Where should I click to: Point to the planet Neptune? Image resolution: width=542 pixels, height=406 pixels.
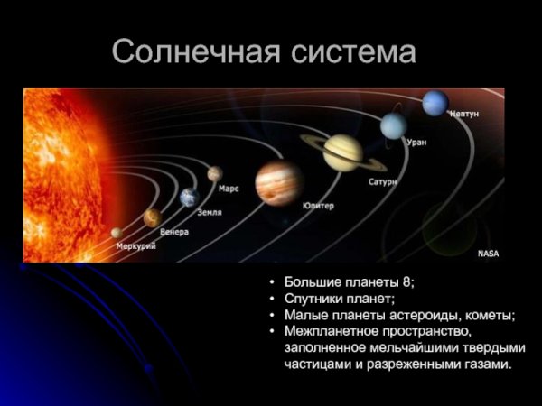pyautogui.click(x=435, y=103)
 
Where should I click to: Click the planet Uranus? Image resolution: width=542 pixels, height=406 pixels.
pyautogui.click(x=393, y=125)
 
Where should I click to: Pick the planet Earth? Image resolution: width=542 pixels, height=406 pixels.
pyautogui.click(x=189, y=198)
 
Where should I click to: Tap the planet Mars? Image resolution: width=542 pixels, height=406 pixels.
pyautogui.click(x=214, y=173)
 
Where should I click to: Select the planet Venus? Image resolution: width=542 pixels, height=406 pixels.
pyautogui.click(x=152, y=217)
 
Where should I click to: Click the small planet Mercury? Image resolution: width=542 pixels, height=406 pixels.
pyautogui.click(x=117, y=233)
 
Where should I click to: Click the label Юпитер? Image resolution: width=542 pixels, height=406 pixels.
pyautogui.click(x=318, y=206)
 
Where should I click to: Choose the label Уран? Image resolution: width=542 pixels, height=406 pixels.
pyautogui.click(x=416, y=142)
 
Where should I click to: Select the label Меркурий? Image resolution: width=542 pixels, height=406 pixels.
pyautogui.click(x=136, y=245)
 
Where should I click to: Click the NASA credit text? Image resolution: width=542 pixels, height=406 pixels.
pyautogui.click(x=488, y=254)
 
